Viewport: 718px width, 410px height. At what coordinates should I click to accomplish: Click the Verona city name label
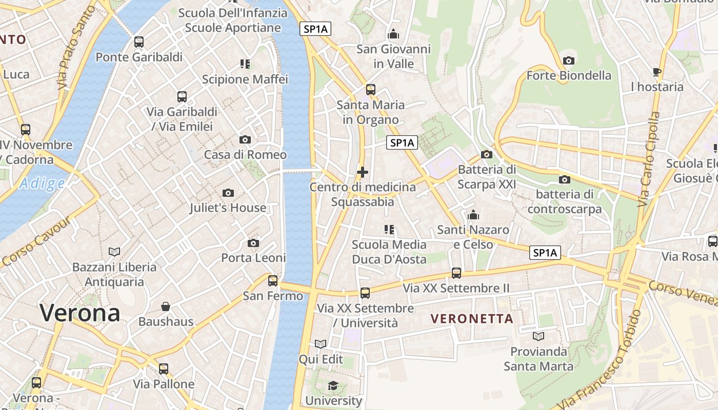click(79, 313)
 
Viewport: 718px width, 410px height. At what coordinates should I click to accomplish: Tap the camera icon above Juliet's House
click(228, 193)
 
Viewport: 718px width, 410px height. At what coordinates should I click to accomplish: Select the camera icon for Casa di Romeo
click(245, 139)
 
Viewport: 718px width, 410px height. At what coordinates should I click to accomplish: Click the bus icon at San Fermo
click(273, 280)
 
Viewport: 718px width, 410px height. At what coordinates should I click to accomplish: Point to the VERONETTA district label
click(472, 319)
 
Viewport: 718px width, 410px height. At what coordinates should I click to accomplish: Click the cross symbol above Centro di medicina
click(363, 172)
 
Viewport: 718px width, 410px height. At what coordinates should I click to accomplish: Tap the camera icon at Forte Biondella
click(568, 60)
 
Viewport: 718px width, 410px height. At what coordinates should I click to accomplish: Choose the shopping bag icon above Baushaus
click(166, 306)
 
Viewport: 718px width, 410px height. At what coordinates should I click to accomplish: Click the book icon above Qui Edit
click(321, 344)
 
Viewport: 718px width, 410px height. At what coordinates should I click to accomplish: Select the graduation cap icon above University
click(333, 385)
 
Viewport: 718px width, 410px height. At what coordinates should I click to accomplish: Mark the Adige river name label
click(43, 183)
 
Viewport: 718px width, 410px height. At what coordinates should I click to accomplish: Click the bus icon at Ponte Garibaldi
click(139, 42)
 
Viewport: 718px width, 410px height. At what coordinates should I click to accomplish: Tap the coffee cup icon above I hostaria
click(657, 72)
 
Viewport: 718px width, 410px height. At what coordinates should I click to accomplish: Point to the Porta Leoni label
click(253, 258)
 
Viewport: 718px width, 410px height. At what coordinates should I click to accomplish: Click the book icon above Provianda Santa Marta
click(538, 336)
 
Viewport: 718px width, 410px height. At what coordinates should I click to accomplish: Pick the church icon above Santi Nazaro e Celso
click(473, 214)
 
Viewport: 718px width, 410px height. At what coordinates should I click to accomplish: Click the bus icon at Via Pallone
click(164, 368)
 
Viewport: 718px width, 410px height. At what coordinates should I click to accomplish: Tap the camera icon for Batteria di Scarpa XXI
click(486, 154)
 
